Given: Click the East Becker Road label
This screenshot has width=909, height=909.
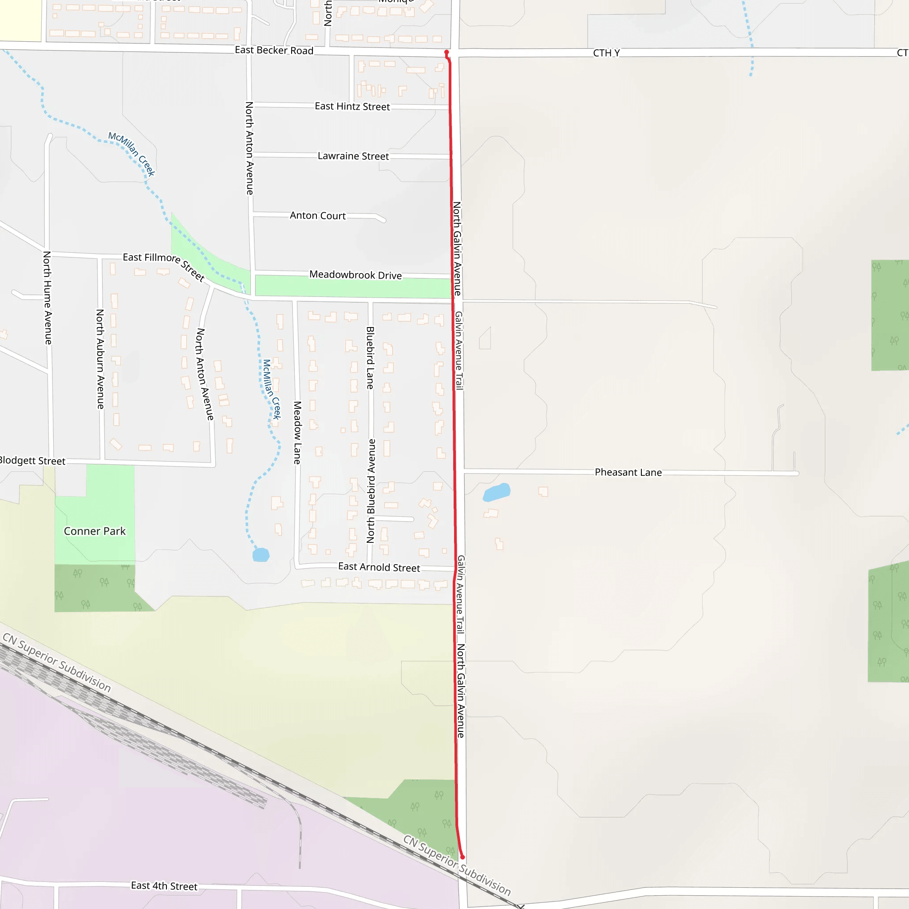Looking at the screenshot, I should click(x=274, y=50).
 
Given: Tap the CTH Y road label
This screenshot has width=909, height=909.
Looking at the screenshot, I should click(x=606, y=53).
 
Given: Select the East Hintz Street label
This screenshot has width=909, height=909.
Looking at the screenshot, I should click(x=352, y=107).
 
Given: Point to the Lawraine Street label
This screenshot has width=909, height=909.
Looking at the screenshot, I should click(x=353, y=156).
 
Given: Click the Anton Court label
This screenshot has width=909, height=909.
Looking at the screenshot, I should click(x=318, y=215).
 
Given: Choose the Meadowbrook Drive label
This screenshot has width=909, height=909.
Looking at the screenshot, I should click(x=355, y=275).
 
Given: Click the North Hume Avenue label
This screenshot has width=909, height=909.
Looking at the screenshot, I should click(x=47, y=297).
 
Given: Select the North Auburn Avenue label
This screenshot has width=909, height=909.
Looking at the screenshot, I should click(x=100, y=359).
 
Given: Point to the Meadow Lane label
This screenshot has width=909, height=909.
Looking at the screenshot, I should click(x=297, y=432).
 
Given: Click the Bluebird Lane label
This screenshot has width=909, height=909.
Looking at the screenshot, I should click(x=370, y=358).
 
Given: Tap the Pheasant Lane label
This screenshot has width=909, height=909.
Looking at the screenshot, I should click(x=628, y=472).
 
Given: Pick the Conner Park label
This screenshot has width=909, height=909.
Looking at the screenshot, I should click(x=95, y=531).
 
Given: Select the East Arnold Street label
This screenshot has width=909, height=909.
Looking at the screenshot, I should click(x=379, y=567).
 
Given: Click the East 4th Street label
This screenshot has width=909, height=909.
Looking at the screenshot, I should click(x=164, y=886).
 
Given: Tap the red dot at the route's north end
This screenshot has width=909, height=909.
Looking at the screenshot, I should click(x=447, y=52).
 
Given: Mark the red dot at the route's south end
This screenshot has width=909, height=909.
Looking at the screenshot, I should click(x=462, y=857).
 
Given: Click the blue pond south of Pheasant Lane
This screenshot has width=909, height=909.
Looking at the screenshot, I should click(x=496, y=492).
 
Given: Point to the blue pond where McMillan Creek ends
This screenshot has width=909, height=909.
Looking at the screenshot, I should click(x=261, y=555).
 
